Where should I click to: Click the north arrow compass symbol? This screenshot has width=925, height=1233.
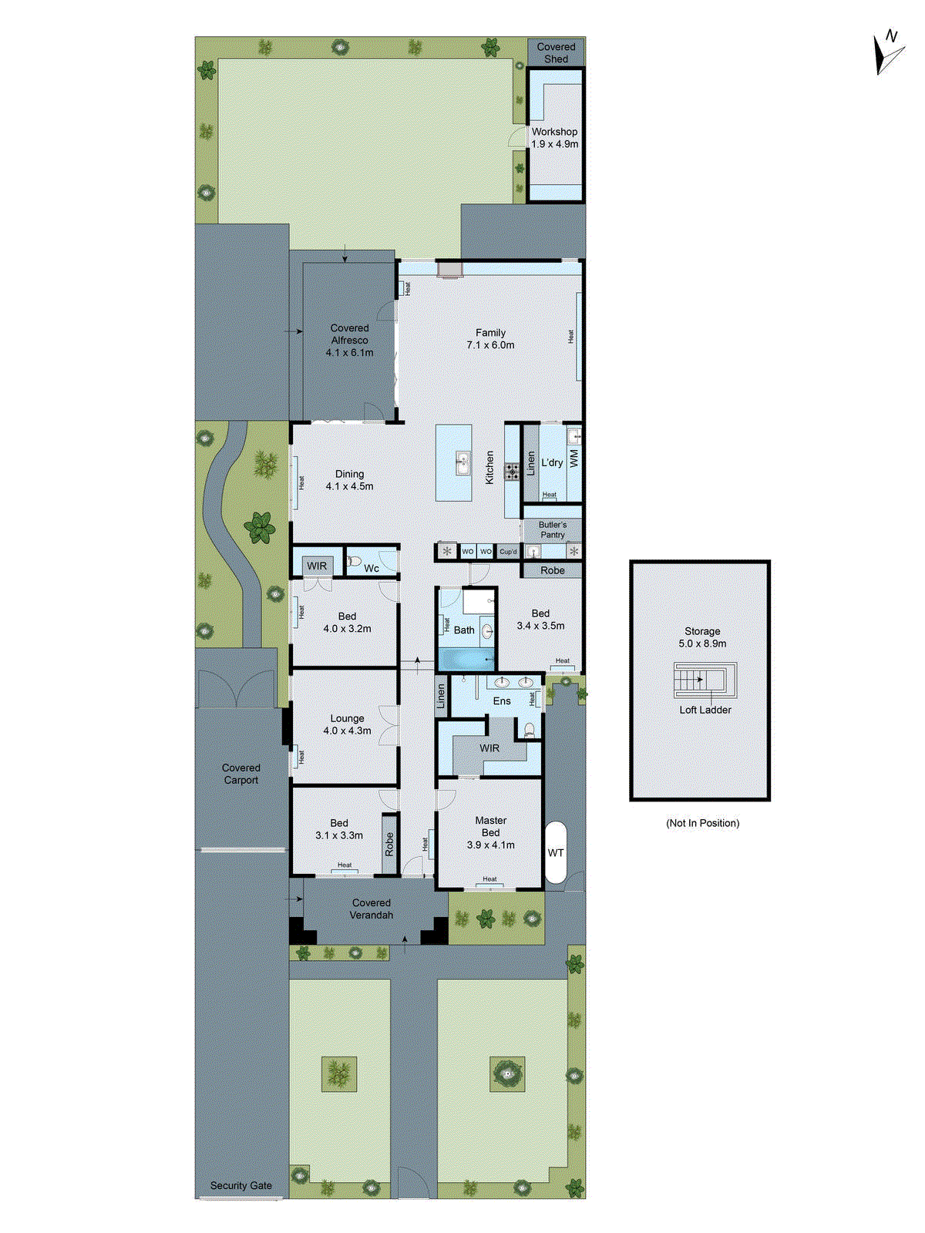coord(888,53)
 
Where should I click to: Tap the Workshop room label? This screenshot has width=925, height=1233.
coord(554,137)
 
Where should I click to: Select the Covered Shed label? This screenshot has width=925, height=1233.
coord(556,52)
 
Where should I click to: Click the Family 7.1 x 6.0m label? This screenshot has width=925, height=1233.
coord(490,339)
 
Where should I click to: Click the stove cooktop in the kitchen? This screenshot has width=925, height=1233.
coord(512,472)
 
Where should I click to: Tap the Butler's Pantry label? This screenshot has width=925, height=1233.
coord(552,529)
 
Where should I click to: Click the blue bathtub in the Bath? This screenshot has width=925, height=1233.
coord(466,660)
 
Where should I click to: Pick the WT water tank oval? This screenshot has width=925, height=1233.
coord(556,852)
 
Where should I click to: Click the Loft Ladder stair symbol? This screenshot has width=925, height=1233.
coord(701,680)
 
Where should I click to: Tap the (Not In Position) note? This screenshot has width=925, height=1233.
coord(702,823)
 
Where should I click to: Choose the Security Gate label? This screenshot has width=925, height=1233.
coord(240,1185)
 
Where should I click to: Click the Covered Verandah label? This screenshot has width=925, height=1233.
coord(372,909)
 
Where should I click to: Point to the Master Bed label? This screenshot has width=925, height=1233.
coord(490,826)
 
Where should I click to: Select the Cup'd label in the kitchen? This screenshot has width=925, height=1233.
coord(508,552)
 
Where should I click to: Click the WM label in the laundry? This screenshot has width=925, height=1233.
coord(573,459)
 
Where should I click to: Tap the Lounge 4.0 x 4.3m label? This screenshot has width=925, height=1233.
coord(347,724)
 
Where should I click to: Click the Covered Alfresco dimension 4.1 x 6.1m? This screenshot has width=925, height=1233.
coord(349,352)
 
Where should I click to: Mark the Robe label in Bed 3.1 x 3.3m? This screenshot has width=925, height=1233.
coord(389,844)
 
